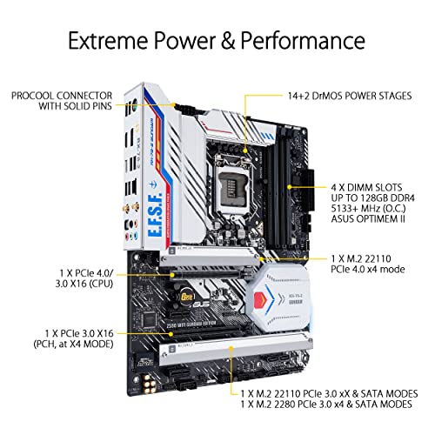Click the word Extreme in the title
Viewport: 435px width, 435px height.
click(x=109, y=40)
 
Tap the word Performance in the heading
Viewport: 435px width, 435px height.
click(x=303, y=41)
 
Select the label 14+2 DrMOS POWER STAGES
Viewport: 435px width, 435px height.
click(x=350, y=96)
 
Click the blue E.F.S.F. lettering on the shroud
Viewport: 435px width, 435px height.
click(x=155, y=216)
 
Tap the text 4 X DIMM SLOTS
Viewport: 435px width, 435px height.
click(x=366, y=187)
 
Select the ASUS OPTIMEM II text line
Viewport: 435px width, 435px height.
click(x=368, y=218)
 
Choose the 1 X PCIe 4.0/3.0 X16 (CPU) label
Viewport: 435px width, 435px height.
click(x=84, y=278)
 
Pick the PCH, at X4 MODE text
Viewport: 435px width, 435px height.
click(x=73, y=345)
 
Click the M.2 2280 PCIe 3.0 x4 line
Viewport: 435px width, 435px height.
click(x=326, y=404)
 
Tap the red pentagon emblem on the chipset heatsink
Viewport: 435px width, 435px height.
click(x=259, y=299)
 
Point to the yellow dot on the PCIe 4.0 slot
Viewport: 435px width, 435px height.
click(x=173, y=274)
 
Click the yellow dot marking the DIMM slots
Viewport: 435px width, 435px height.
click(x=289, y=187)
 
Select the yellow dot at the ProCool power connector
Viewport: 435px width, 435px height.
click(x=173, y=104)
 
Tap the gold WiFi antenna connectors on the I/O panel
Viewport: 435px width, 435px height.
click(x=130, y=208)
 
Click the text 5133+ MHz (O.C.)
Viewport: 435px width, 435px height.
click(x=368, y=208)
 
